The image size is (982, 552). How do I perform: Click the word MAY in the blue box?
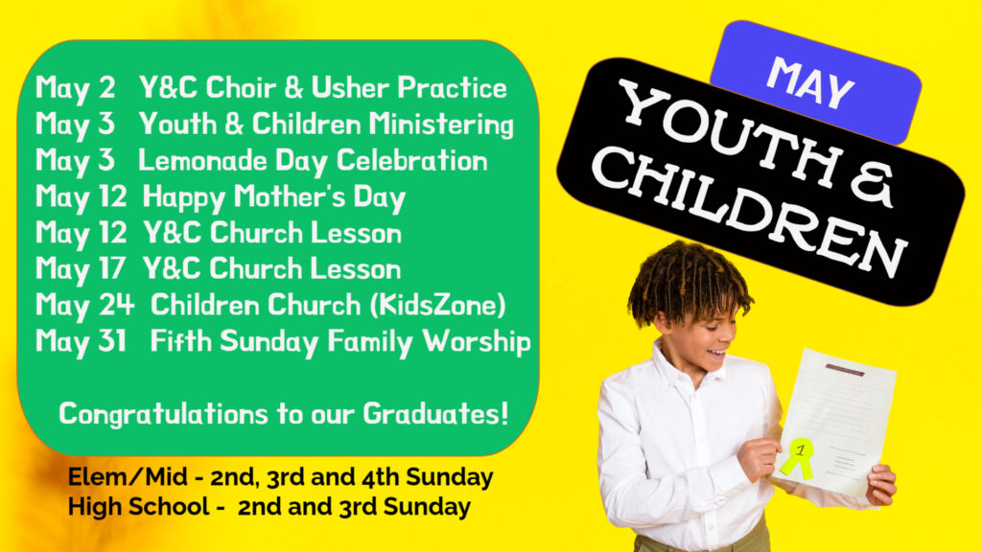[x=810, y=82]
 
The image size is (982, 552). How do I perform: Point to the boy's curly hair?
[x=688, y=282]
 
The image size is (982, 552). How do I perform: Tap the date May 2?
[x=75, y=88]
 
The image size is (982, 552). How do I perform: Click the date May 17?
[x=81, y=269]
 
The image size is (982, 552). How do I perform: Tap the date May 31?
[x=81, y=342]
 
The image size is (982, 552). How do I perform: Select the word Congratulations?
[x=163, y=414]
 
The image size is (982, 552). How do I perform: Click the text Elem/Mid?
[x=128, y=477]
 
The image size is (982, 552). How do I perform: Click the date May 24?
[x=84, y=306]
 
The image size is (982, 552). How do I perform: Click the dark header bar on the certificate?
[x=845, y=370]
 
